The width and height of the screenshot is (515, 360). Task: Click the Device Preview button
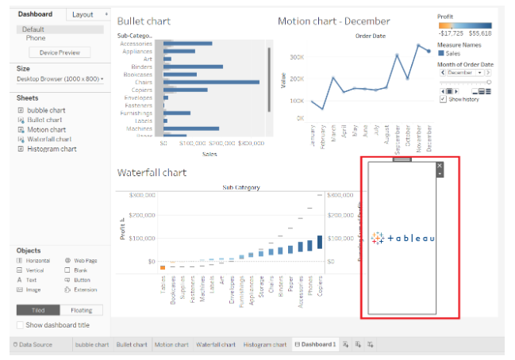tap(60, 52)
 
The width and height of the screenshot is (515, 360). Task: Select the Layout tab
tap(83, 14)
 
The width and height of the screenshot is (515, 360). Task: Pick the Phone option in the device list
tap(36, 37)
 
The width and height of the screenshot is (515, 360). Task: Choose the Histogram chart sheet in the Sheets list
tap(52, 148)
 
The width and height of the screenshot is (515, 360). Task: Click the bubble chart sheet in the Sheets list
tap(46, 110)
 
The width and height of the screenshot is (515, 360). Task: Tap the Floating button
tap(81, 310)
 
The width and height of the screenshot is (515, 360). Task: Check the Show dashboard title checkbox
tap(21, 325)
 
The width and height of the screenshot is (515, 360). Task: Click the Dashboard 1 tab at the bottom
tap(315, 344)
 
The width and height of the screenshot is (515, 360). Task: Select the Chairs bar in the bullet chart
tap(211, 82)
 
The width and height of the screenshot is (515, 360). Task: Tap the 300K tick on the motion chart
tap(297, 57)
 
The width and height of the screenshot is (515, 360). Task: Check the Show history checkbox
tap(443, 99)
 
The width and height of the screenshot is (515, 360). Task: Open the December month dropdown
tap(465, 72)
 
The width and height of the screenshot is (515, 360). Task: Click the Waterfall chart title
tap(154, 172)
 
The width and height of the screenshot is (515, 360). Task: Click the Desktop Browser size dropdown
tap(60, 79)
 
